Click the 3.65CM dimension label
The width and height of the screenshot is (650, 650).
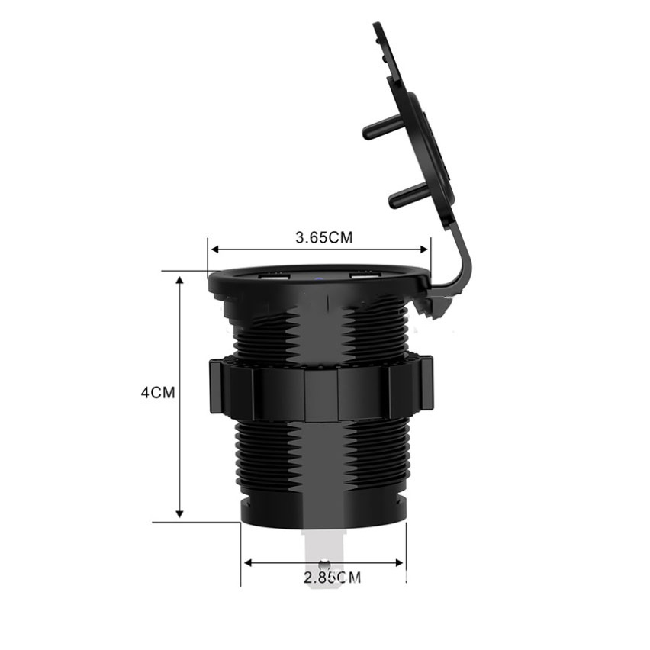[x=323, y=237]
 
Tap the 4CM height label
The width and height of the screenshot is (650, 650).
[x=158, y=392]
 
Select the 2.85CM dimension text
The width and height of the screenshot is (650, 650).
[x=332, y=577]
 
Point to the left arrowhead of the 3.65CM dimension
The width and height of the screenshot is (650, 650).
[x=215, y=249]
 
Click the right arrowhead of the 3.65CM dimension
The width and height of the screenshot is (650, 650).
[x=423, y=249]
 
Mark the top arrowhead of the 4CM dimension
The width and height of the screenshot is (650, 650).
[x=179, y=280]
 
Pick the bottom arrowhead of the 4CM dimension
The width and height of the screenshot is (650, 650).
[x=179, y=513]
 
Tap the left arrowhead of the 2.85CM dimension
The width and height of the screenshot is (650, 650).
[x=248, y=562]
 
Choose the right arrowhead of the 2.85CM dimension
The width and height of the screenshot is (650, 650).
[x=400, y=562]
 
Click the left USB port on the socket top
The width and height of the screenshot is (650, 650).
[x=274, y=278]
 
